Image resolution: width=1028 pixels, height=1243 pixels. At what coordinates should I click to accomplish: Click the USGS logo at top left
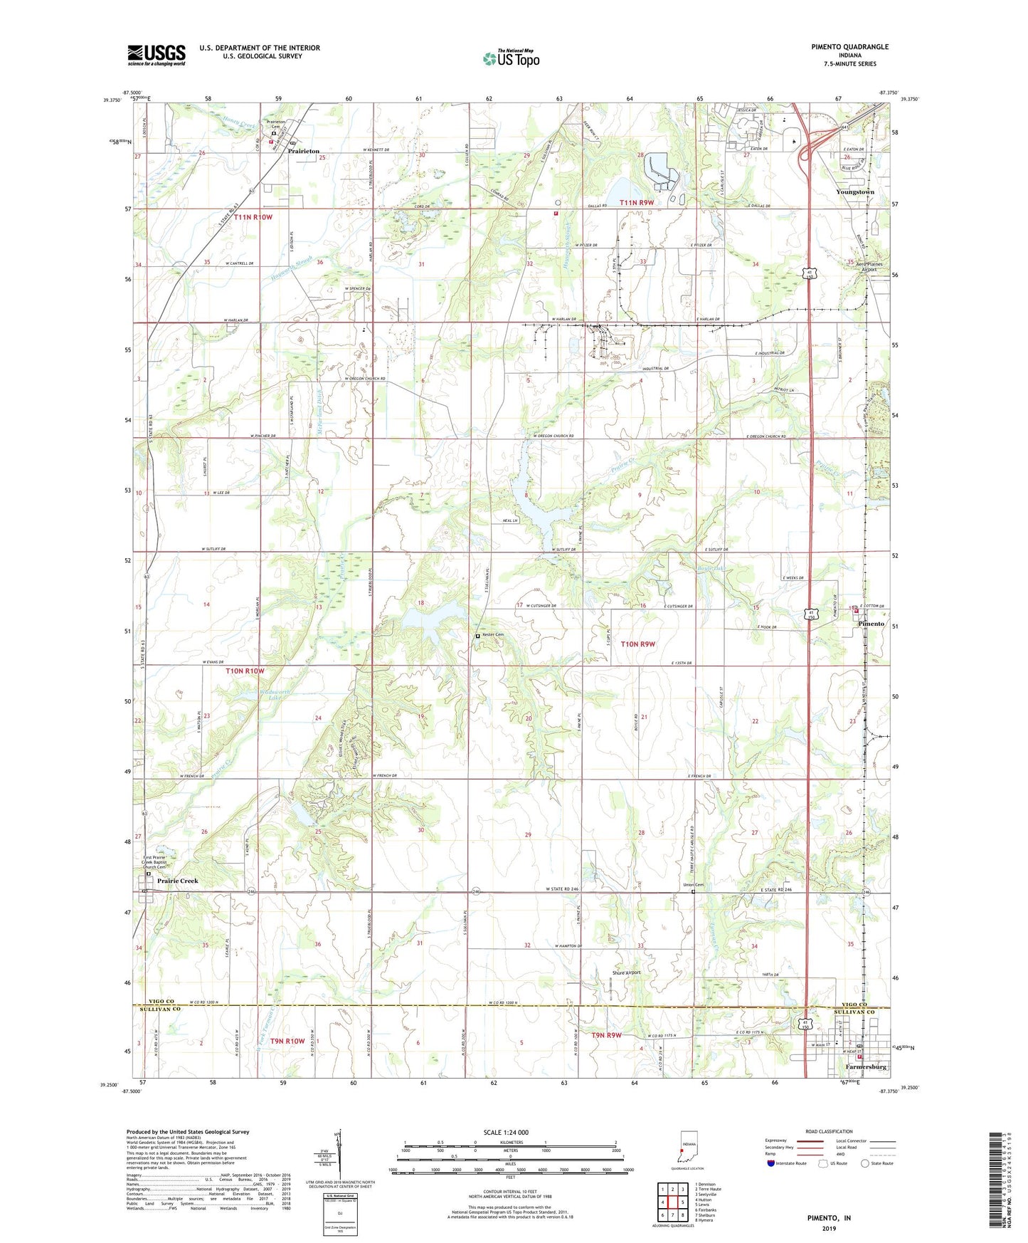click(x=157, y=54)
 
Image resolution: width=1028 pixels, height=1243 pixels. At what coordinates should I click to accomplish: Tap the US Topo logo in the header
click(x=511, y=58)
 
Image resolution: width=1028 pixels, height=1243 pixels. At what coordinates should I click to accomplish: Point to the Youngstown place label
click(x=855, y=192)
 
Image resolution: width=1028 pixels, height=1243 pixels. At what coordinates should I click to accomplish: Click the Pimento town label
click(x=871, y=624)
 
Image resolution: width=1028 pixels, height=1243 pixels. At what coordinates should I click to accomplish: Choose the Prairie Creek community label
click(x=178, y=881)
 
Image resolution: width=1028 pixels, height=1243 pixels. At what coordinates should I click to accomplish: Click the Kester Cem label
click(x=492, y=635)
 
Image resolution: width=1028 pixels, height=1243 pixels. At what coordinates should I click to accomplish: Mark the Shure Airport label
click(x=626, y=972)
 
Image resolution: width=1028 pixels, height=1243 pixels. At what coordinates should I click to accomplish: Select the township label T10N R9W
click(x=637, y=644)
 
